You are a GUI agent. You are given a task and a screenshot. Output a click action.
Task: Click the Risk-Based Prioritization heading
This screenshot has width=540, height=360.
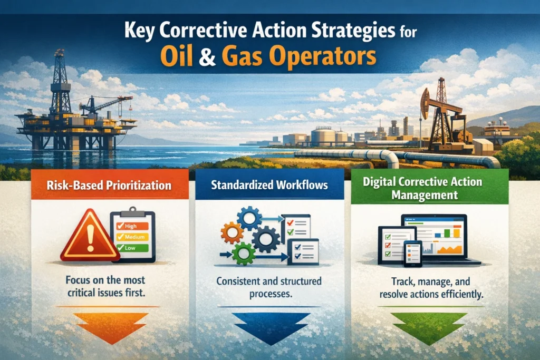click(x=110, y=186)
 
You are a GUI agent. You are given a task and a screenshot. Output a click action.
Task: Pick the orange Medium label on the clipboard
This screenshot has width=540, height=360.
click(x=134, y=237)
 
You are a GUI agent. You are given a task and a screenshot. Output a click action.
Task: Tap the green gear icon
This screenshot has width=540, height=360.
click(x=244, y=254)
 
